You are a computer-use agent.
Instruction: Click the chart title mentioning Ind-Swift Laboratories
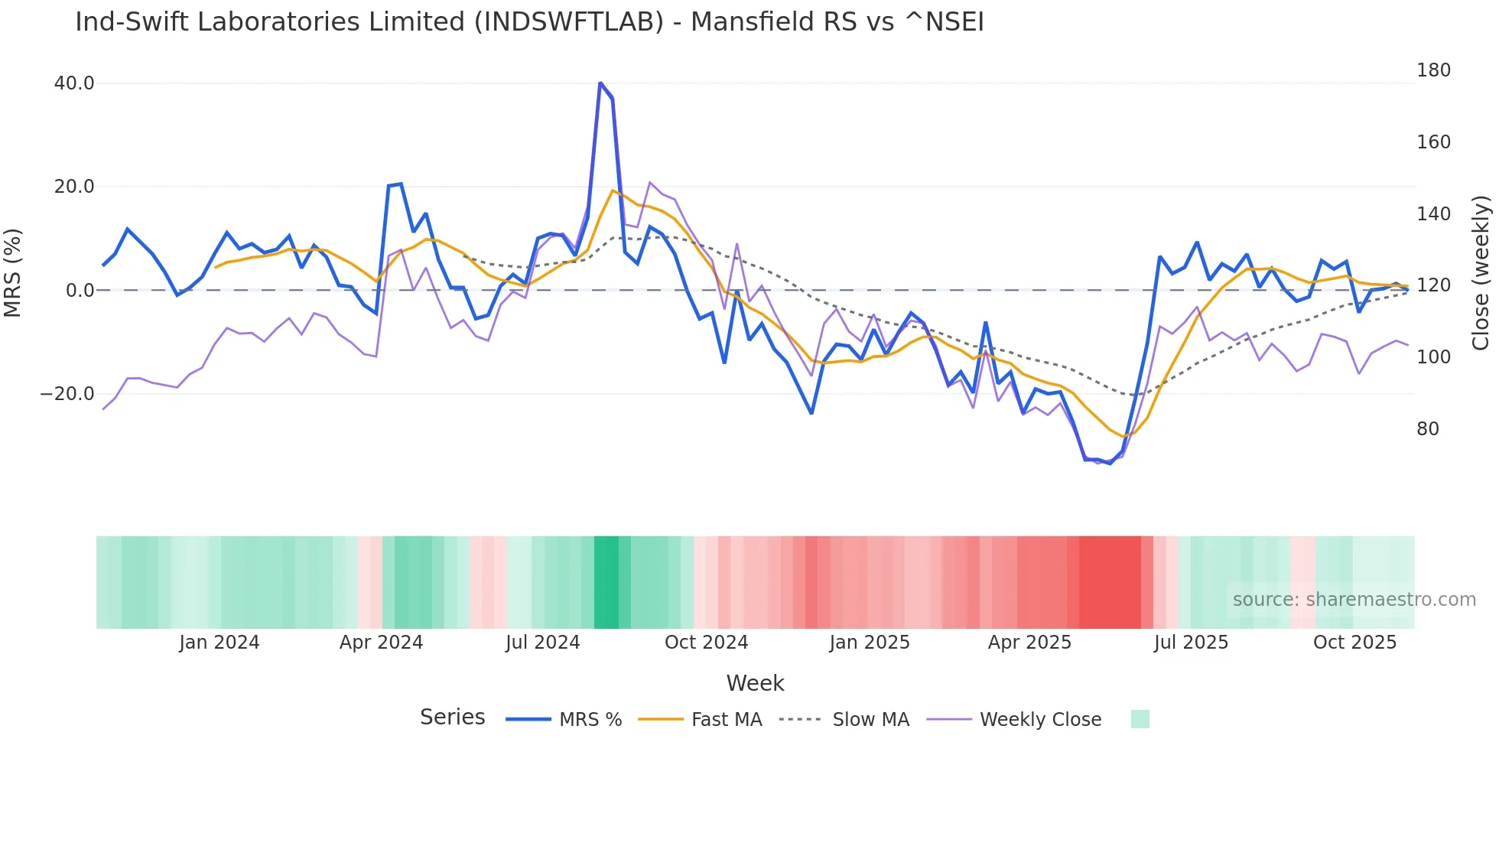pos(529,22)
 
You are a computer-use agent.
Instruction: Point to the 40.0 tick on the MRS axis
pos(74,83)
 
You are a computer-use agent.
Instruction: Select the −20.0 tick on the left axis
pos(67,394)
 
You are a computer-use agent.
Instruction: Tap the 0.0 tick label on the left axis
pos(80,291)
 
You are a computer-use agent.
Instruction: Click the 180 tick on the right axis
pos(1433,70)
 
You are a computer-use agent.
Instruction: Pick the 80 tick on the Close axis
pos(1427,429)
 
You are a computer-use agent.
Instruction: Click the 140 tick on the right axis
pos(1433,214)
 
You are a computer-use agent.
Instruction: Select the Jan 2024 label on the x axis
pos(219,643)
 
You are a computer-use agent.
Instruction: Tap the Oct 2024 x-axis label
pos(706,643)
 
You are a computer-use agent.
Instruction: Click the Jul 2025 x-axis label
pos(1191,643)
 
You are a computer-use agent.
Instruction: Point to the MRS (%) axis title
pos(13,272)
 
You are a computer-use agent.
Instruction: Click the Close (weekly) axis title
pos(1481,273)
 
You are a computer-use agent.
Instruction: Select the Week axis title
pos(755,683)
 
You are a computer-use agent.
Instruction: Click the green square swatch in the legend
pos(1140,719)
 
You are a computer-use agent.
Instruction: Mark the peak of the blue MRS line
pos(600,83)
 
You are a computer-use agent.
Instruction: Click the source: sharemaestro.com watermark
pos(1354,600)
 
